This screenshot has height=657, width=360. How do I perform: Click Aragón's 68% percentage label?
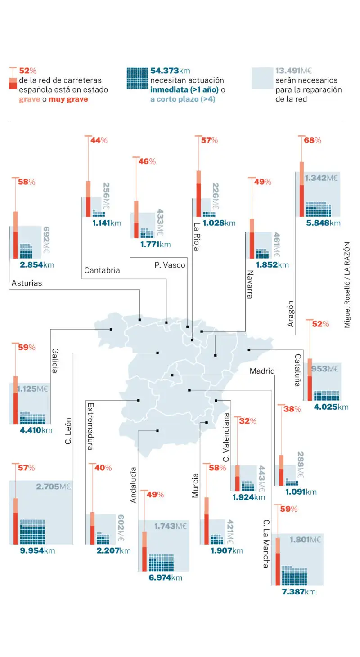312,140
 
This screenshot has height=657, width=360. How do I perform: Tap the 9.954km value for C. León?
37,550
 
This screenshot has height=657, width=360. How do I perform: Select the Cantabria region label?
102,270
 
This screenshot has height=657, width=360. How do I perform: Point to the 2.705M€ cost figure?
54,487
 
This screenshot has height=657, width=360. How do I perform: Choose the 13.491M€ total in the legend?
293,71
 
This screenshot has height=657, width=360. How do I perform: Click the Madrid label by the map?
262,371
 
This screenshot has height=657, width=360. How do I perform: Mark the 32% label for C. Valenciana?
247,421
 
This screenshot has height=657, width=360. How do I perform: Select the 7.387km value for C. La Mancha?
299,592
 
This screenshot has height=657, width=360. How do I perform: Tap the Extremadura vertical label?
90,426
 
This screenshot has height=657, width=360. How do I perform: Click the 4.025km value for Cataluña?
331,407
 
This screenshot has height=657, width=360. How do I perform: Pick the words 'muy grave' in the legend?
68,99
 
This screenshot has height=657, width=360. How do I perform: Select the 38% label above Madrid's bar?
292,409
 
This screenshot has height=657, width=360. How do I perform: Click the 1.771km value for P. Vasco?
155,245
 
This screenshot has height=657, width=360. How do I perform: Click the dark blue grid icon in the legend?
137,78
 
